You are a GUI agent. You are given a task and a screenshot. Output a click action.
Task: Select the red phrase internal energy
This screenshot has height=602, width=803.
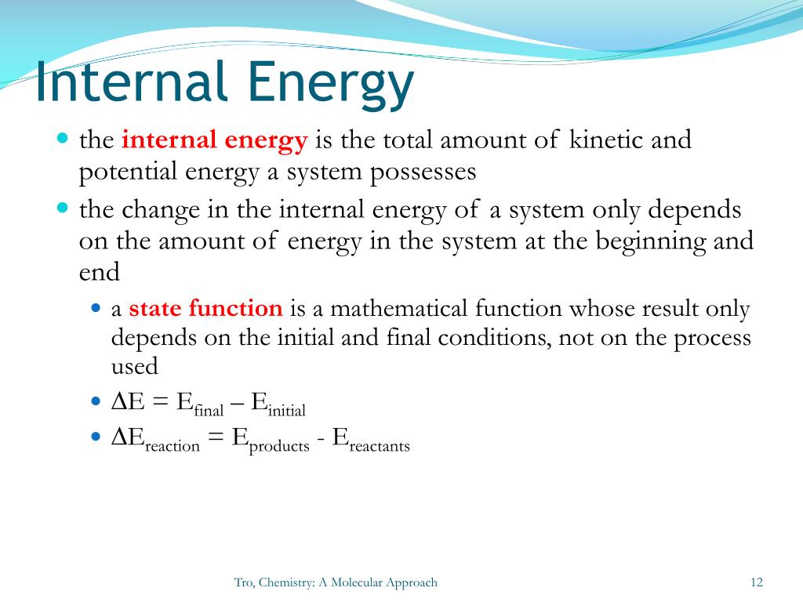point(214,140)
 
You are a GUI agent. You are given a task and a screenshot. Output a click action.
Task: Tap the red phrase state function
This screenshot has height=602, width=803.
point(205,308)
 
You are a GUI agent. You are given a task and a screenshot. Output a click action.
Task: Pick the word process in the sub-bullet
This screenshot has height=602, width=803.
point(714,338)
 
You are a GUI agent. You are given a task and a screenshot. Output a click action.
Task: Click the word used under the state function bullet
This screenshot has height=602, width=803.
point(134,366)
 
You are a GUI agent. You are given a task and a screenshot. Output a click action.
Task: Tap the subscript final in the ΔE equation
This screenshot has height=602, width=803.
point(209,410)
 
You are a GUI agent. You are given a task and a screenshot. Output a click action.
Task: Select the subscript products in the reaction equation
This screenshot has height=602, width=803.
point(279,446)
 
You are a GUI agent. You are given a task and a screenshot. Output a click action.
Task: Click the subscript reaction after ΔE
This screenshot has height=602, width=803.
point(172,446)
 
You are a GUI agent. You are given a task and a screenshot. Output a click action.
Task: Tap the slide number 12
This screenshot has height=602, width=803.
point(756,582)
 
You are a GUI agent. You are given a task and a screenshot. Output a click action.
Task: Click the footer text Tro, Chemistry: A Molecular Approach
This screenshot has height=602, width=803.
point(336,582)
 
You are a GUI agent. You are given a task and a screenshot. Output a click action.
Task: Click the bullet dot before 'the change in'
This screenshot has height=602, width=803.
point(64,209)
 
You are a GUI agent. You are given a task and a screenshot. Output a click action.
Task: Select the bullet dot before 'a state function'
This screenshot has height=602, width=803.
point(96,308)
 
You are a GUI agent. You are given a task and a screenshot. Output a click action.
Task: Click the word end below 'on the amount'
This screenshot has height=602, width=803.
point(99,273)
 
